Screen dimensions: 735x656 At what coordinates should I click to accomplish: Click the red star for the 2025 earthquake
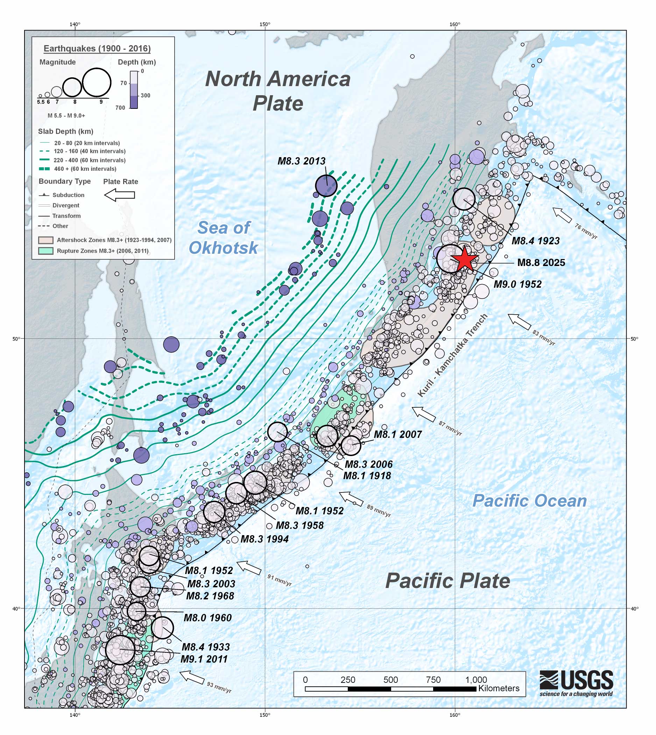[x=465, y=259]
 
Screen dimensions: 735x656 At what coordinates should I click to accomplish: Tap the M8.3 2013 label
[x=301, y=161]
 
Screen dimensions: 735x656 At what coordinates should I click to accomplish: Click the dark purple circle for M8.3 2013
[x=326, y=186]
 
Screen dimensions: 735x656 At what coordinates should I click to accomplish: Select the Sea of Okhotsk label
[x=224, y=238]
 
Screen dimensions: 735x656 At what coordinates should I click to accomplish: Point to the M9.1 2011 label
[x=204, y=659]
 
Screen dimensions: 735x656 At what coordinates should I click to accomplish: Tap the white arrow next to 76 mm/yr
[x=562, y=215]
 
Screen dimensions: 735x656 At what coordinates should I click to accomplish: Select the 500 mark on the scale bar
[x=390, y=680]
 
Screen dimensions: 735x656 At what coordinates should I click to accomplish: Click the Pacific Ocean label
[x=529, y=501]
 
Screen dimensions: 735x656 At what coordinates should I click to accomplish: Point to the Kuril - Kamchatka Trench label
[x=453, y=355]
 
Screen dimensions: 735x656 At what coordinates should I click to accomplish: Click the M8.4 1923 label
[x=536, y=241]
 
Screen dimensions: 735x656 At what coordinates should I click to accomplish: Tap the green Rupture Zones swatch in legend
[x=46, y=251]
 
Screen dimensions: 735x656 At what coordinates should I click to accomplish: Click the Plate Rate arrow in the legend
[x=120, y=195]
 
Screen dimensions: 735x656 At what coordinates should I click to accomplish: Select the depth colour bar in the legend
[x=134, y=90]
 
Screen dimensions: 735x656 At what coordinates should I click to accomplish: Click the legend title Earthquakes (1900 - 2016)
[x=97, y=49]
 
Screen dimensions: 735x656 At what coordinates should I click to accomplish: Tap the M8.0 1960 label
[x=207, y=618]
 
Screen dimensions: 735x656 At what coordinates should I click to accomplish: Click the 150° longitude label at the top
[x=264, y=24]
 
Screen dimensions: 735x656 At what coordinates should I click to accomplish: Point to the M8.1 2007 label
[x=398, y=434]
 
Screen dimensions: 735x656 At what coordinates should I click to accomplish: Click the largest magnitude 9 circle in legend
[x=96, y=83]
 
